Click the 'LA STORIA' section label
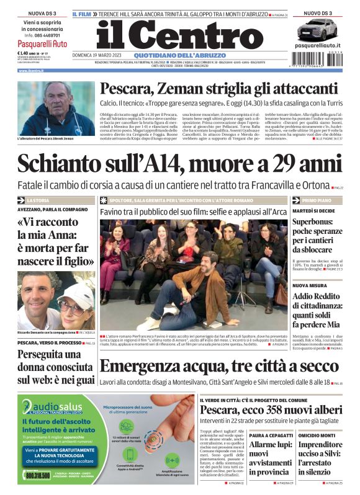[x=38, y=201]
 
